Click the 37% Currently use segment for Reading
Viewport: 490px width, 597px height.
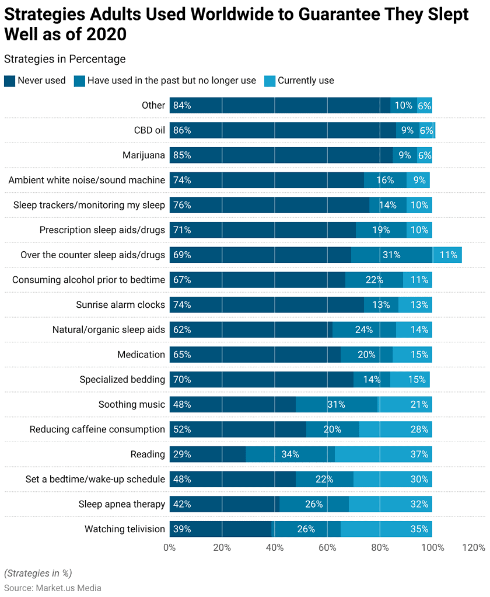[383, 454]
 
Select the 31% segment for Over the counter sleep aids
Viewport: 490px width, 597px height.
[391, 255]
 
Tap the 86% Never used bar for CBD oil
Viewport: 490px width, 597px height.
[282, 130]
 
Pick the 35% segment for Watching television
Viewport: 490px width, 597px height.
[386, 529]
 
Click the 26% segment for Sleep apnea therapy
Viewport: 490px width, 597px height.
[314, 504]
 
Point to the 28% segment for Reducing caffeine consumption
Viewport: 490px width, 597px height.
[395, 429]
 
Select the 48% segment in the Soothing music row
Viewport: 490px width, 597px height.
[233, 404]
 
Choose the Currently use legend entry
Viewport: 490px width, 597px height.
[306, 81]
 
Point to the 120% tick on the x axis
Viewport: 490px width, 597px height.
[473, 547]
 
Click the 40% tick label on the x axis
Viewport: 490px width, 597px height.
[275, 547]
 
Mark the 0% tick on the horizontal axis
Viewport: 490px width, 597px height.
[169, 547]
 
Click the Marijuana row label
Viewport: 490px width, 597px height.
[143, 155]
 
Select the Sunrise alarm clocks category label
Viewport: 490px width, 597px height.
[120, 304]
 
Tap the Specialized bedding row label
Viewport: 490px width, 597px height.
[122, 379]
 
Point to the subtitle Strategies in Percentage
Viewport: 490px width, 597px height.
[65, 59]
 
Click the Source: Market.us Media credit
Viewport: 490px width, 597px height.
[52, 588]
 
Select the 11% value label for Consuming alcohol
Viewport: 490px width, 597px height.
[419, 280]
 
